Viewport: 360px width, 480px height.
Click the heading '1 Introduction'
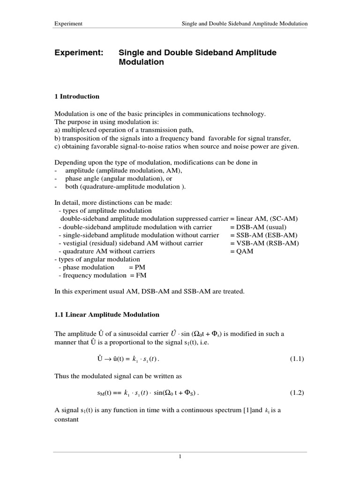(x=77, y=97)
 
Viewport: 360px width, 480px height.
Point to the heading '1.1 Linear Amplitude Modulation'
(x=107, y=315)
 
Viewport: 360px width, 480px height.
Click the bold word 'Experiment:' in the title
(x=79, y=52)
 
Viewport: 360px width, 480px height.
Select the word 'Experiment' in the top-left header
(x=68, y=23)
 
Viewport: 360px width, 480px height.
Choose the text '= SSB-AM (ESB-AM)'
(x=263, y=235)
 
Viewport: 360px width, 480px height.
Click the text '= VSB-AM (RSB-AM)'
(x=264, y=243)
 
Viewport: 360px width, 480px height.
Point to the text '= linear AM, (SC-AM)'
(x=264, y=219)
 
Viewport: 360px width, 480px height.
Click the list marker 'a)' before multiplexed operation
(x=58, y=130)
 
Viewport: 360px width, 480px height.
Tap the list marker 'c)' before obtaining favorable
(x=58, y=146)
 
